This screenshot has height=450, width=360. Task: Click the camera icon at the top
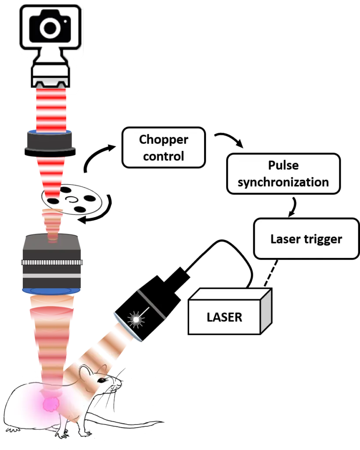tap(50, 27)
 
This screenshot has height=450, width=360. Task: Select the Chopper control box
tap(164, 148)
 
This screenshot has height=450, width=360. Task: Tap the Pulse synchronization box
tap(283, 174)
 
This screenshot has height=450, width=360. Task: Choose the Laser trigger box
tap(306, 239)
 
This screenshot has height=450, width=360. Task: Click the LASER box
tap(224, 316)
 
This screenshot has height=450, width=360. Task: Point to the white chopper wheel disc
tap(72, 200)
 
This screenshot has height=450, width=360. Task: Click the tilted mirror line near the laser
tap(151, 304)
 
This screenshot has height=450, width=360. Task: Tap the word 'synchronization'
tap(283, 182)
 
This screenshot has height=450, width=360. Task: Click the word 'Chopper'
tap(164, 139)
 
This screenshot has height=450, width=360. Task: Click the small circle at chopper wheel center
tap(71, 200)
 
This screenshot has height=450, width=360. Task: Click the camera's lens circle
tap(50, 28)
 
